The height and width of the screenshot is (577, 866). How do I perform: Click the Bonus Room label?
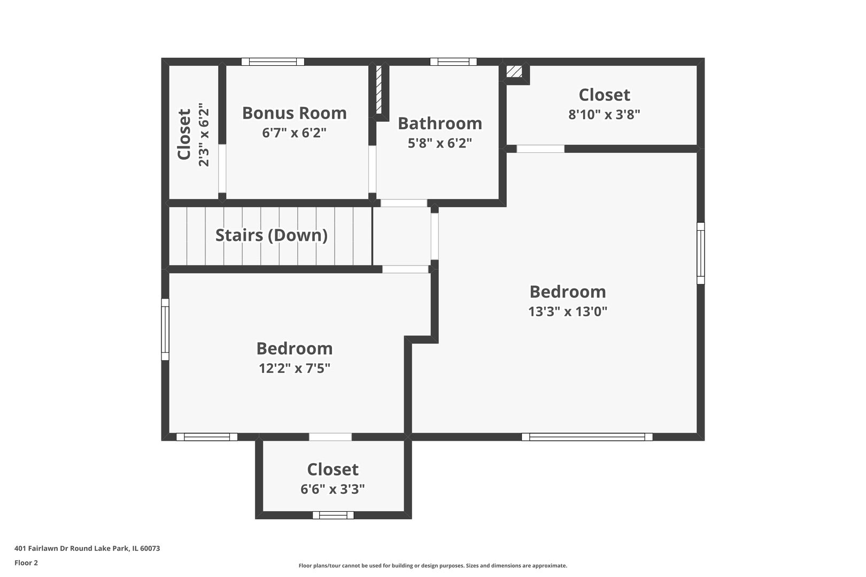pyautogui.click(x=294, y=113)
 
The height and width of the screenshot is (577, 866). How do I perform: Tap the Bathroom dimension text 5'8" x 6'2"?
pyautogui.click(x=440, y=143)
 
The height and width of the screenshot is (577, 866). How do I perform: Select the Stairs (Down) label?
pyautogui.click(x=272, y=235)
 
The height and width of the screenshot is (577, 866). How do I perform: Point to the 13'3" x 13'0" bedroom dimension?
pyautogui.click(x=568, y=311)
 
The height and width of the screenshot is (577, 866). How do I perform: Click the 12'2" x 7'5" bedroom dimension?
pyautogui.click(x=295, y=368)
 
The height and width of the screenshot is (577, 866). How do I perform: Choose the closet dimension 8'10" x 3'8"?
pyautogui.click(x=604, y=114)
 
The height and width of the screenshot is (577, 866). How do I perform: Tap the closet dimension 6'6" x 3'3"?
pyautogui.click(x=333, y=489)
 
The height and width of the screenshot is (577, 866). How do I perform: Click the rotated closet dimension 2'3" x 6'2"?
pyautogui.click(x=204, y=135)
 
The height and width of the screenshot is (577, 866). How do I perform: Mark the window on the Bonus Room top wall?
pyautogui.click(x=273, y=61)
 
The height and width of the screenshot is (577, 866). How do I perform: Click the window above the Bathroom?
pyautogui.click(x=453, y=61)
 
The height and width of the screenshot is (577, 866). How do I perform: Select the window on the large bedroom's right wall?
pyautogui.click(x=700, y=253)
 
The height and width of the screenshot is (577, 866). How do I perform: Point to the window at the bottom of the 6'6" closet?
pyautogui.click(x=333, y=515)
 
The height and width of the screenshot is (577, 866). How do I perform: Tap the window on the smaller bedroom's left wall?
pyautogui.click(x=165, y=329)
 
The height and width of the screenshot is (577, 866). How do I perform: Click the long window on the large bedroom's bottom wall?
pyautogui.click(x=587, y=436)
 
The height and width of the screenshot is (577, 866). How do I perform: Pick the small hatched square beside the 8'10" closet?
pyautogui.click(x=514, y=72)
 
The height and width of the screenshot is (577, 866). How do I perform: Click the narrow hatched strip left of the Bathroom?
pyautogui.click(x=379, y=90)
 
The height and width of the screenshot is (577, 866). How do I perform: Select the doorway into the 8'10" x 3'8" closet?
pyautogui.click(x=540, y=149)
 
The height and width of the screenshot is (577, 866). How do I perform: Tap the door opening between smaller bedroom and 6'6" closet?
pyautogui.click(x=330, y=436)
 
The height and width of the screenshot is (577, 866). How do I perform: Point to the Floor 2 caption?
pyautogui.click(x=26, y=563)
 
